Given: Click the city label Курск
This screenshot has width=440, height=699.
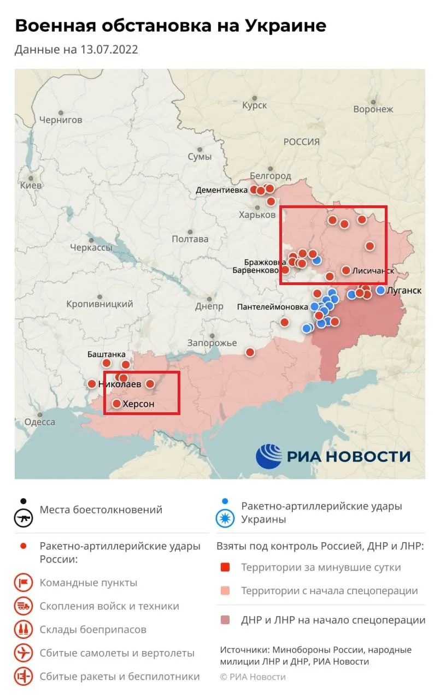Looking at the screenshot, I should pos(255,105).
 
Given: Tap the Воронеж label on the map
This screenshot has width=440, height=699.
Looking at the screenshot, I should pos(373,109).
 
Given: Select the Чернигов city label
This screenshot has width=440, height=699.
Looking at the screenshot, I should pos(61,120).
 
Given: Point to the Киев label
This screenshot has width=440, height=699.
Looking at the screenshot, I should pos(31,186).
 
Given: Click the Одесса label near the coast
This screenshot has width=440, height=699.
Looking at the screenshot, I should pos(39,422).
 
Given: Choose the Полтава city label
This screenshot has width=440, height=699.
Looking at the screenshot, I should pos(190,239).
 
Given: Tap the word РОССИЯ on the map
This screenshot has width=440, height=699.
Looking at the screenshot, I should pos(301,141).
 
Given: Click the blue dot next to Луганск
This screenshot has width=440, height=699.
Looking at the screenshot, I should pos(380,290).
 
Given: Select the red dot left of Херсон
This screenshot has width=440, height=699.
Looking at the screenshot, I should pos(116,404).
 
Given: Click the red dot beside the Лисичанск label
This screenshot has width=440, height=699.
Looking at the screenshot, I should pos(346,270).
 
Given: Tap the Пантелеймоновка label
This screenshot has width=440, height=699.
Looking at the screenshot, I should pos(272,307).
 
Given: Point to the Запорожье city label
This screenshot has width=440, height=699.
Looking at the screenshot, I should pos(212,343).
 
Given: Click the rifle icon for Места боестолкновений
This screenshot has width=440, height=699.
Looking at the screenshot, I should pos(24,517).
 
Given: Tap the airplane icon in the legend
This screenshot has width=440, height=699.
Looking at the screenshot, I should pos(24,653).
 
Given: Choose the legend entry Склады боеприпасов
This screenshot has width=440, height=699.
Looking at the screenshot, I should pos(93,630).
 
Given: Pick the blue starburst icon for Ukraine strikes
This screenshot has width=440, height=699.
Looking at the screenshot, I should pos(225,519).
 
